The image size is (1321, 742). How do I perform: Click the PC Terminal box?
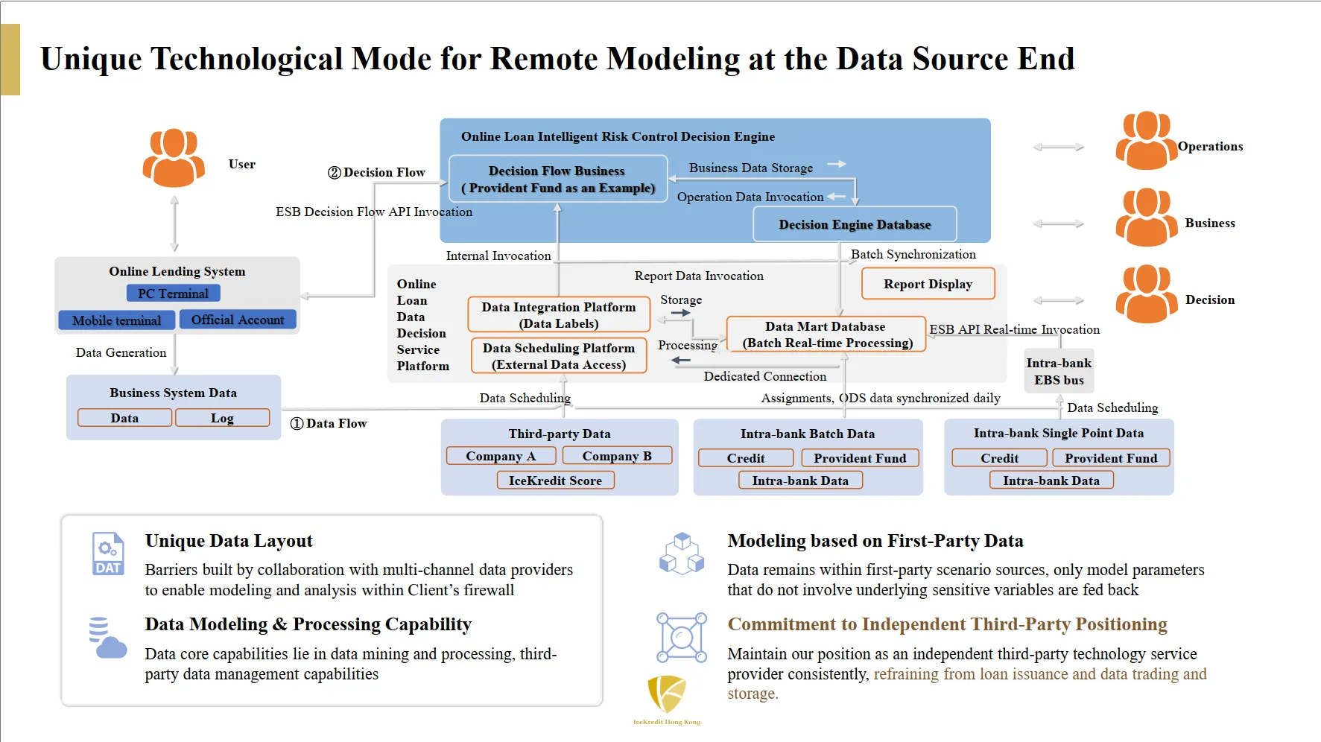[x=173, y=294]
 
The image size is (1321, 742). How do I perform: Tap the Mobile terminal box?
[x=116, y=320]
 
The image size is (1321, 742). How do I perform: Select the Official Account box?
[x=238, y=320]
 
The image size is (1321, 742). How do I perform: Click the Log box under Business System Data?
[x=222, y=418]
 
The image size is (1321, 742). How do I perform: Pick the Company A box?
[x=501, y=456]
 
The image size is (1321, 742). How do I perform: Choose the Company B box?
[x=617, y=456]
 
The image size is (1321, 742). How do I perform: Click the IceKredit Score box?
[x=555, y=481]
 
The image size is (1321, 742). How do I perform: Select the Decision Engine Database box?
[x=855, y=224]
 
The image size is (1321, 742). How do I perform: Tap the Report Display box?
[x=928, y=284]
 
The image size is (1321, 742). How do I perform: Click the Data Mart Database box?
[x=826, y=334]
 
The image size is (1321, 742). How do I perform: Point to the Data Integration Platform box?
[x=559, y=315]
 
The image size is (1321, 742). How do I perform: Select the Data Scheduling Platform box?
[x=559, y=356]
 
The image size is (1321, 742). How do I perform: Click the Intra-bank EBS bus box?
[x=1059, y=371]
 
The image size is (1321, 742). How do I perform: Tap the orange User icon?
[x=174, y=157]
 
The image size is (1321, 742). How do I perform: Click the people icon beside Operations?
[x=1146, y=141]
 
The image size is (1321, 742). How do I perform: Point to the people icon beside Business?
[x=1146, y=218]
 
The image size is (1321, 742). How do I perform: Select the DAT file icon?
[x=107, y=554]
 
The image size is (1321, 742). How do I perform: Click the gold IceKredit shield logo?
[x=666, y=694]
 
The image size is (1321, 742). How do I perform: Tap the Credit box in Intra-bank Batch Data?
[x=746, y=458]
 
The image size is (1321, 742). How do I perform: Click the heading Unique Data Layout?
[x=229, y=541]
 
